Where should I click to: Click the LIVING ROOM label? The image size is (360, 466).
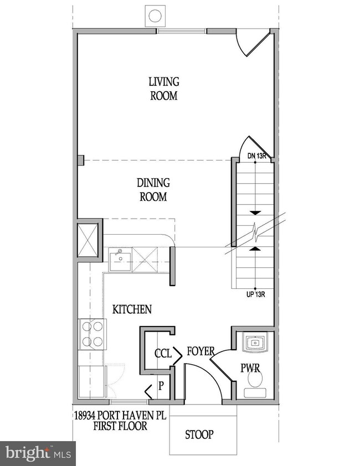coord(163,89)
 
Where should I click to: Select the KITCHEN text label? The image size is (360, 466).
coord(132,309)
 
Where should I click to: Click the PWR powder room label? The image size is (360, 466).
coord(250,367)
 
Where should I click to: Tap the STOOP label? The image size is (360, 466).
coord(199,434)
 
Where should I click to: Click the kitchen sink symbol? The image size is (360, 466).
coord(120,259)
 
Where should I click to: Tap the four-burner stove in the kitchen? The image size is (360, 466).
coord(92,334)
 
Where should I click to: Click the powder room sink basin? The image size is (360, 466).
coord(255,343)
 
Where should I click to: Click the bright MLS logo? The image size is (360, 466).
coord(37,453)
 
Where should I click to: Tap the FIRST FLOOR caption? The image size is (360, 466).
coord(120,426)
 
